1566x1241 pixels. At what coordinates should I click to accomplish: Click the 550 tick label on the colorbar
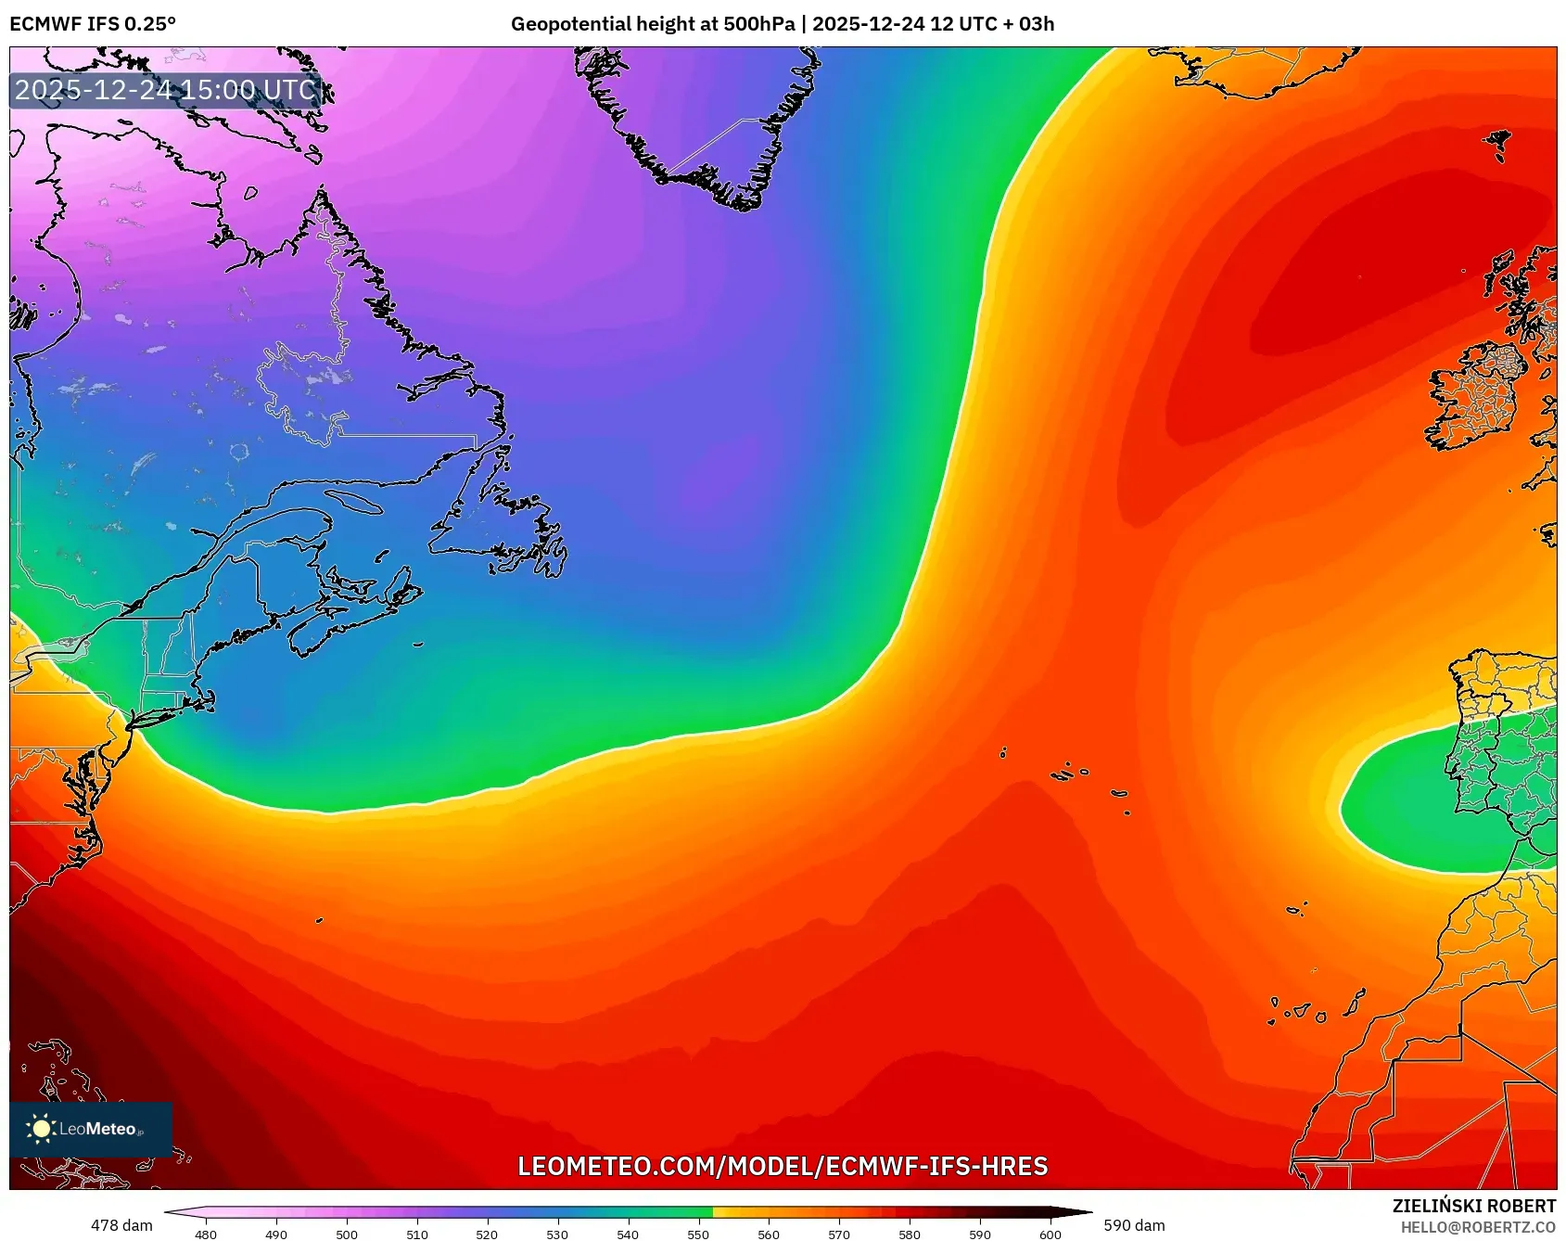pyautogui.click(x=698, y=1235)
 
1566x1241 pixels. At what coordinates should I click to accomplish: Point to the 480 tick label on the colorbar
pyautogui.click(x=206, y=1235)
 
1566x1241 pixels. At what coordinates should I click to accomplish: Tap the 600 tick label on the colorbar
pyautogui.click(x=1050, y=1235)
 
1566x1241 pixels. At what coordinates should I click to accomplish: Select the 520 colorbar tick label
pyautogui.click(x=487, y=1235)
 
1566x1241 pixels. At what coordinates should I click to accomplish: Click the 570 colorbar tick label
pyautogui.click(x=838, y=1235)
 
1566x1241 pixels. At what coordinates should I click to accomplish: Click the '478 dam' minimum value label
pyautogui.click(x=121, y=1225)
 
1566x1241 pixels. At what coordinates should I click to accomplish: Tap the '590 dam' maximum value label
pyautogui.click(x=1134, y=1225)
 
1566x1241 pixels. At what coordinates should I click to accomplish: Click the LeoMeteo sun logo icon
pyautogui.click(x=41, y=1129)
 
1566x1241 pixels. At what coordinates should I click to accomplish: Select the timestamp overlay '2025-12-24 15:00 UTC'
pyautogui.click(x=166, y=90)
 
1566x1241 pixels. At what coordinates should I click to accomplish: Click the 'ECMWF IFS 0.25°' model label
pyautogui.click(x=93, y=24)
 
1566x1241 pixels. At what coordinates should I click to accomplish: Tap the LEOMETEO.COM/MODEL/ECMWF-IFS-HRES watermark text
pyautogui.click(x=783, y=1166)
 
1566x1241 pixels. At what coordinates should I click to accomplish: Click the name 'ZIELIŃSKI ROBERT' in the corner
pyautogui.click(x=1473, y=1206)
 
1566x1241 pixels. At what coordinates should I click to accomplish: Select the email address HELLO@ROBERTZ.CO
pyautogui.click(x=1478, y=1227)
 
